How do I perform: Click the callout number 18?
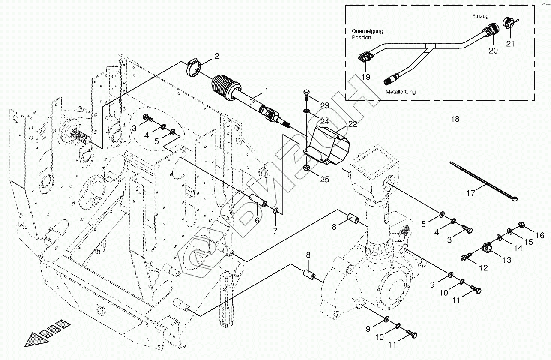[455, 119]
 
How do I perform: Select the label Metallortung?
[400, 92]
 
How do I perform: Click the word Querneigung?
[367, 31]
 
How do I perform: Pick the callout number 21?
[510, 44]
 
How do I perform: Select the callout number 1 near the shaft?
[266, 90]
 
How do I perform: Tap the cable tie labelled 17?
[484, 180]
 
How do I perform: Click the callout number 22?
[353, 124]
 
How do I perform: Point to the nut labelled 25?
[307, 167]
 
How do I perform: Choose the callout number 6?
[257, 220]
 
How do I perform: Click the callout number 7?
[275, 231]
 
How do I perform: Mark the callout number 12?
[483, 268]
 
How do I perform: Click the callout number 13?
[507, 259]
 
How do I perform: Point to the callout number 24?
[325, 121]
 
